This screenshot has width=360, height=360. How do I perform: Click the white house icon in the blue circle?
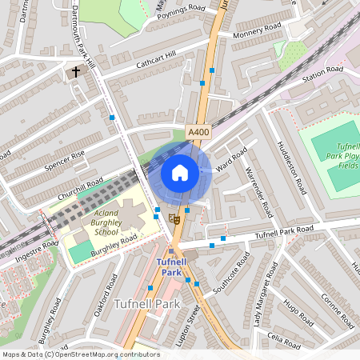pos(180,173)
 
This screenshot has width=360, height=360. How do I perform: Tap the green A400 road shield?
pos(198,131)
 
